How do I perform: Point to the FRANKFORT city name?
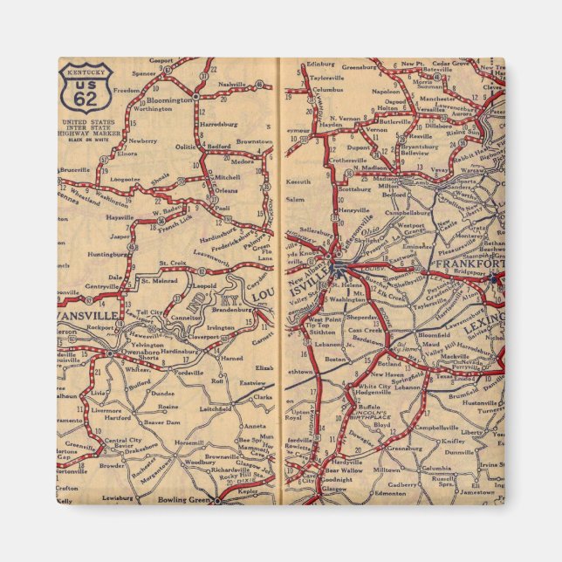point(469,263)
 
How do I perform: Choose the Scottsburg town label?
point(354,188)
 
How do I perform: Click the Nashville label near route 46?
point(233,84)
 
